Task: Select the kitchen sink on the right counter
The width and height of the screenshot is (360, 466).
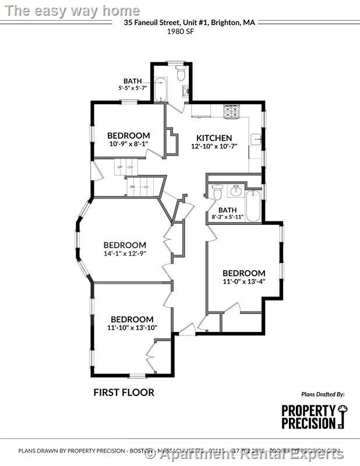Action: click(256, 140)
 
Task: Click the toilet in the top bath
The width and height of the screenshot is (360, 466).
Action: click(181, 74)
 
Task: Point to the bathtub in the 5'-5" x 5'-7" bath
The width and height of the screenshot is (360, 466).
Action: click(160, 90)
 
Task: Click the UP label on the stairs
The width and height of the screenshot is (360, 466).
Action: click(120, 167)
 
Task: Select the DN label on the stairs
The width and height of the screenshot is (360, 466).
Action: click(132, 186)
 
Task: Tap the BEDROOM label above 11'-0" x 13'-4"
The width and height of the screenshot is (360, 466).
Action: click(243, 273)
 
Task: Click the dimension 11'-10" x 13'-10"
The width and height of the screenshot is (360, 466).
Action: click(132, 328)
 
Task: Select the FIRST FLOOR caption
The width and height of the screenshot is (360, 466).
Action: click(124, 392)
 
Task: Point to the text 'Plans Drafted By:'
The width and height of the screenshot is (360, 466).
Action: click(323, 394)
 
